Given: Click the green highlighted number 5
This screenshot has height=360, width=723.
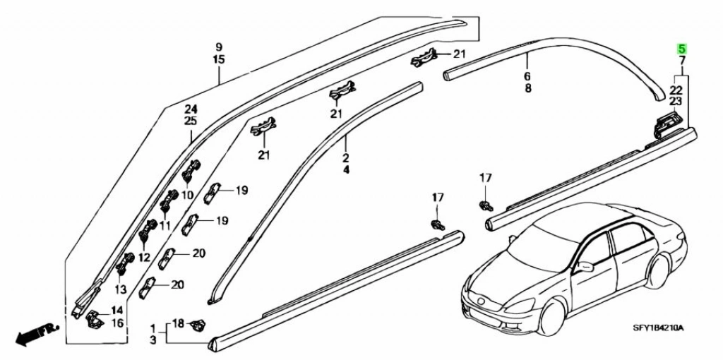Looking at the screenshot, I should point(682,49).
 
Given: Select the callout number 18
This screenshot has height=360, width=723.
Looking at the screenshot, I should point(178,323).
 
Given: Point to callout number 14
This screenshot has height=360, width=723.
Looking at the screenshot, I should point(116,310).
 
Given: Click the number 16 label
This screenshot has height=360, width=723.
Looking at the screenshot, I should point(116,323).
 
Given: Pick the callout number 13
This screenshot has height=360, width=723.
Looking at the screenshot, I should point(120,289).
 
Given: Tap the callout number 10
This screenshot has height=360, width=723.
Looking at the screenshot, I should point(187,195).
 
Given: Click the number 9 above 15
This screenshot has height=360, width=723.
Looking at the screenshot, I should point(219,47).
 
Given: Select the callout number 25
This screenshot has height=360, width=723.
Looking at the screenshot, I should point(191,121).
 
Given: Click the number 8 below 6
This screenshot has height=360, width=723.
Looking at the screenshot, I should point(527,88).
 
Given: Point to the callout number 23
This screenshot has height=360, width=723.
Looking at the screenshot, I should point(676,102).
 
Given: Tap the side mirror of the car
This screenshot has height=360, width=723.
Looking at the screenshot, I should point(585,267).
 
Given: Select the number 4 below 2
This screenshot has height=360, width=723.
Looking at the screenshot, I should point(346,170).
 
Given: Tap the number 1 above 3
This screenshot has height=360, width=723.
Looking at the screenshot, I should point(153,328).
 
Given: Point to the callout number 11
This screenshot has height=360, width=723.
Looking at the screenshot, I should point(165,226).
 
